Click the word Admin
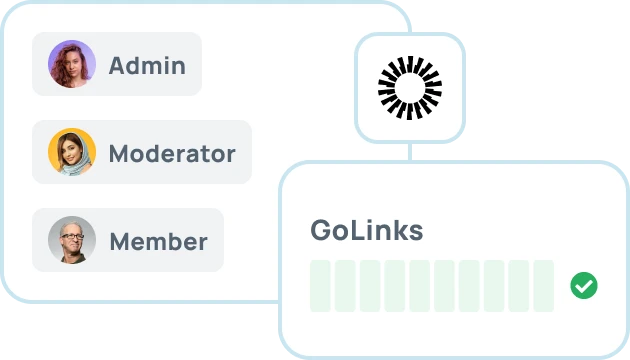click(x=147, y=65)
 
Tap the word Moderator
click(x=172, y=153)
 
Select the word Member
click(x=158, y=241)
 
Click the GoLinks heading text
click(x=366, y=230)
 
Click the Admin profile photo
click(x=72, y=64)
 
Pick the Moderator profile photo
click(x=72, y=152)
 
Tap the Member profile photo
click(x=72, y=240)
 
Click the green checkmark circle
click(x=584, y=286)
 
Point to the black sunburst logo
click(x=410, y=88)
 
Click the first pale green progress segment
click(x=320, y=286)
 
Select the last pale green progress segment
click(x=544, y=286)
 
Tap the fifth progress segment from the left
click(x=419, y=286)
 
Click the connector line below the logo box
click(x=410, y=152)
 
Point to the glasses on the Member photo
click(x=72, y=236)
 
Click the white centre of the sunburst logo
click(x=410, y=88)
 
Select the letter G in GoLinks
click(x=323, y=231)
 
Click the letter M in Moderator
click(x=120, y=153)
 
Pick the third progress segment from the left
click(x=370, y=286)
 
